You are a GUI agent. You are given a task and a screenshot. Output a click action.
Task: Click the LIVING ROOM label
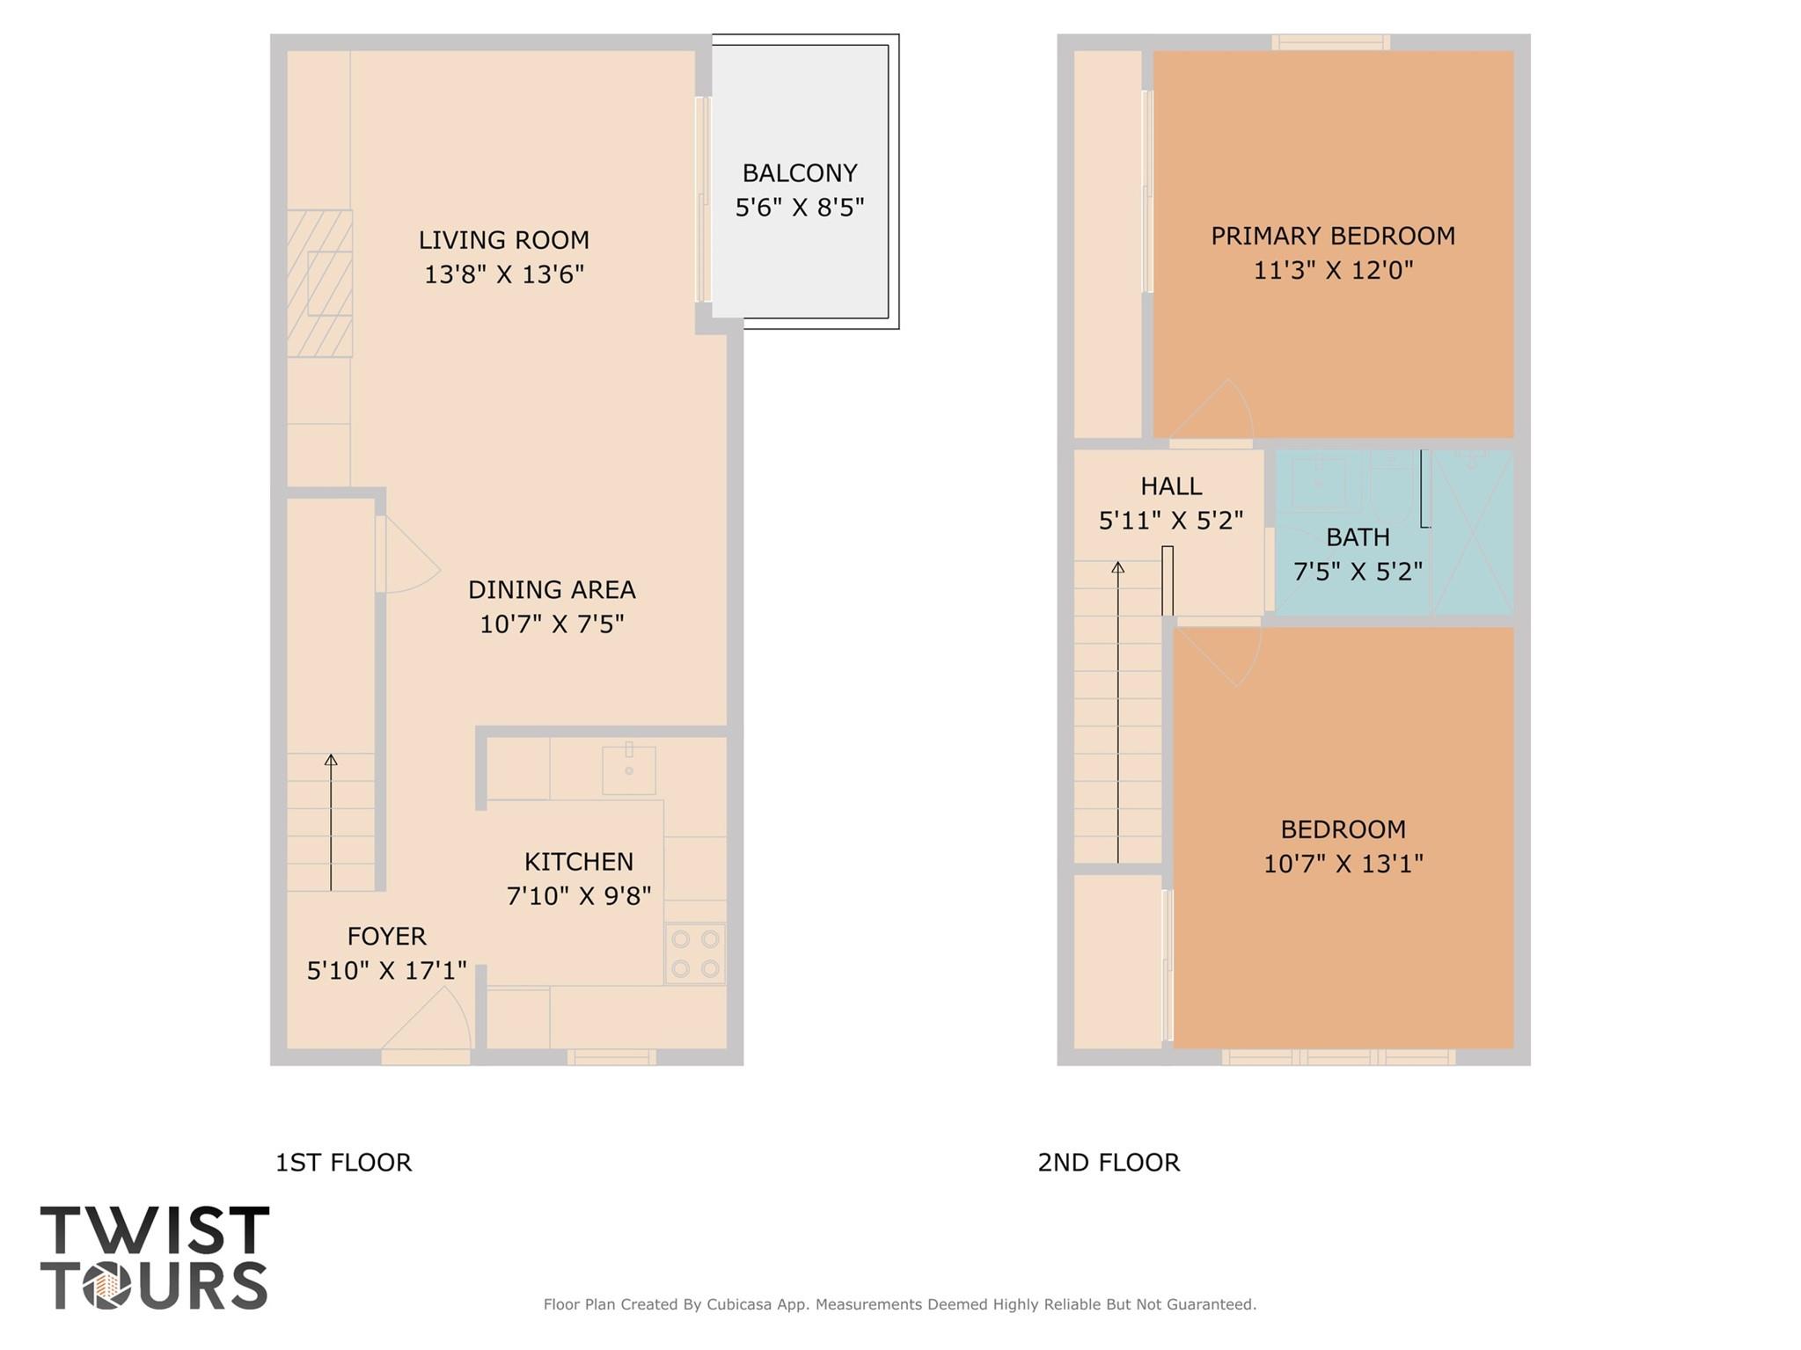tap(503, 240)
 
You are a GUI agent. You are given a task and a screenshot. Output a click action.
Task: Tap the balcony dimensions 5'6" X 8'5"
tap(799, 208)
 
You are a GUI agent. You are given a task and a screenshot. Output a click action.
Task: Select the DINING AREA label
tap(551, 589)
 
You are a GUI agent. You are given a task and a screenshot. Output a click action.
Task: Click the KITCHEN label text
tap(578, 861)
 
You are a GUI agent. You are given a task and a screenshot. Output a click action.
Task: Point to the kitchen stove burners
tap(695, 953)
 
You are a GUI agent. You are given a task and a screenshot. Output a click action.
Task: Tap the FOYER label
tap(386, 936)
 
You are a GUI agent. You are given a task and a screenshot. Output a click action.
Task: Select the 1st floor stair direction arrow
tap(331, 822)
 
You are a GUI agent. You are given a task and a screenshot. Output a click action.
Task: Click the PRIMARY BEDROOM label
tap(1332, 236)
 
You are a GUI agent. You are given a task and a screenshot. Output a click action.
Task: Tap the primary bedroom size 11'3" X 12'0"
tap(1332, 270)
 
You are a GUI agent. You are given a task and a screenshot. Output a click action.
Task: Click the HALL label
tap(1170, 486)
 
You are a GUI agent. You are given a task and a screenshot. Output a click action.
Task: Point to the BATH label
tap(1358, 537)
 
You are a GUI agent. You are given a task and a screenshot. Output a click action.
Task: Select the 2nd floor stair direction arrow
tap(1117, 712)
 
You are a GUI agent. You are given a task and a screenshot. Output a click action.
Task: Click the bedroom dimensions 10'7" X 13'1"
tap(1343, 864)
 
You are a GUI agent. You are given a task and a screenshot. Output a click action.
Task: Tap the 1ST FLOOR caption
tap(343, 1163)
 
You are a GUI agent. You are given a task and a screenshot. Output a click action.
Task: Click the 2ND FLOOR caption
tap(1108, 1163)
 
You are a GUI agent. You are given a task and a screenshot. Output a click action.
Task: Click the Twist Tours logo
tap(154, 1258)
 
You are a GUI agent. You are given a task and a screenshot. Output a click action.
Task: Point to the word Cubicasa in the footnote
tap(741, 1304)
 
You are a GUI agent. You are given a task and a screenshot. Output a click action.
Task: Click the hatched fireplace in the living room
tap(319, 283)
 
